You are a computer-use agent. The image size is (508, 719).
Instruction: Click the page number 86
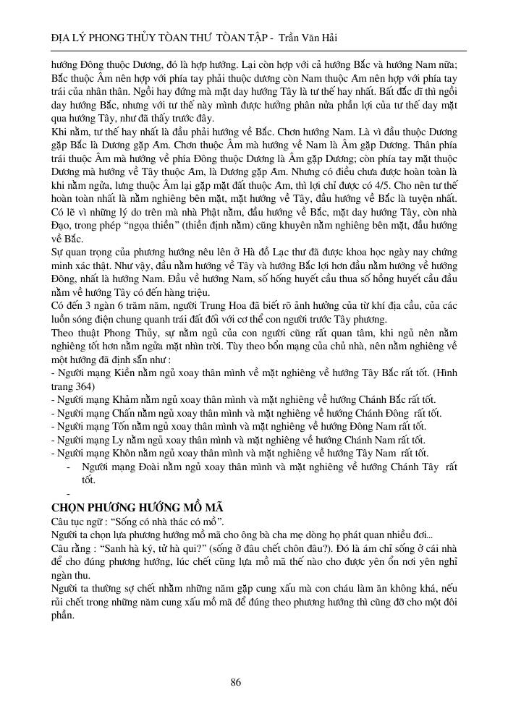point(235,682)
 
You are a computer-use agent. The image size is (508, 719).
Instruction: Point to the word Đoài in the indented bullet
point(151,467)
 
